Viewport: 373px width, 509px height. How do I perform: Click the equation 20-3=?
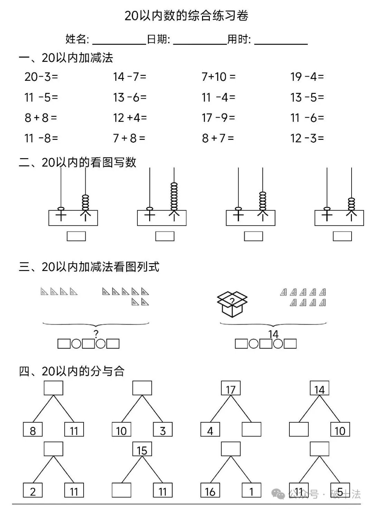coord(41,77)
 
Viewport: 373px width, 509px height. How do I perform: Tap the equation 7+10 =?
coord(218,77)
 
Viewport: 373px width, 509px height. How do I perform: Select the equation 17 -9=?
coord(218,118)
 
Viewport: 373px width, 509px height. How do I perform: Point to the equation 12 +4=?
coord(130,118)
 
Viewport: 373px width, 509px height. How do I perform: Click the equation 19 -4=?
coord(307,77)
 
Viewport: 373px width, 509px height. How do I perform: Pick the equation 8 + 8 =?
coord(41,118)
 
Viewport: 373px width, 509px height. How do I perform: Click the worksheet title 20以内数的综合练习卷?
coord(186,16)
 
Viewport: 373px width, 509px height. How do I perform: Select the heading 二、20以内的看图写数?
coord(78,162)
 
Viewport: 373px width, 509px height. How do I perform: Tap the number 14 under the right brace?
coord(273,334)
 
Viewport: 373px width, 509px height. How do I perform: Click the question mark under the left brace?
coord(96,334)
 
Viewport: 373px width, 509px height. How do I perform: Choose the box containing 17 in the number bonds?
coord(231,388)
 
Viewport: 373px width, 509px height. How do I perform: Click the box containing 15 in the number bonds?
coord(142,450)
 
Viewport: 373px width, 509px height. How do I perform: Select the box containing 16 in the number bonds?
coord(210,490)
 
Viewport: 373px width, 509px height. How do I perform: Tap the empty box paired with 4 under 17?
coord(251,429)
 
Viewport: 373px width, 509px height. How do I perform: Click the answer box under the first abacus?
coord(76,236)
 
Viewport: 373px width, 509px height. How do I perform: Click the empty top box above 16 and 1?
coord(231,449)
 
